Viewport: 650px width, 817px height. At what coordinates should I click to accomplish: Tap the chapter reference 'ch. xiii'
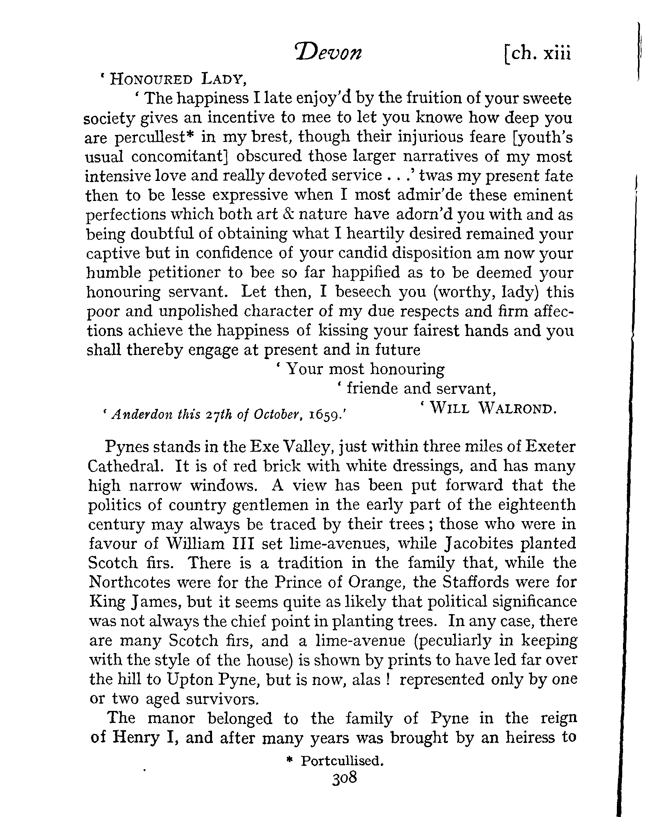(x=538, y=54)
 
